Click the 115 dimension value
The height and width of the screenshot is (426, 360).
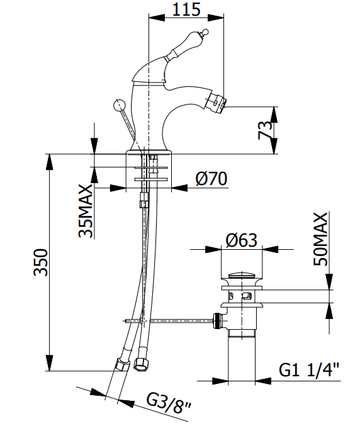(186, 9)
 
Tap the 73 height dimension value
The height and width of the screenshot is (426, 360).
(265, 130)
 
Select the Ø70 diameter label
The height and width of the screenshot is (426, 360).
(211, 179)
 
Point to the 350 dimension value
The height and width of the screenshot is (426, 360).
(41, 262)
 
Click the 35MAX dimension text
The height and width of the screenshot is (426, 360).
(86, 211)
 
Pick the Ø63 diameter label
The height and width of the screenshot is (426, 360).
(241, 240)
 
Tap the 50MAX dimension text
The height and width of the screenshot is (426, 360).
(320, 239)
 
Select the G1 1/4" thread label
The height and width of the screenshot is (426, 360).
(309, 369)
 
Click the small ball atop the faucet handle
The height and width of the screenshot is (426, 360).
(206, 32)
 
